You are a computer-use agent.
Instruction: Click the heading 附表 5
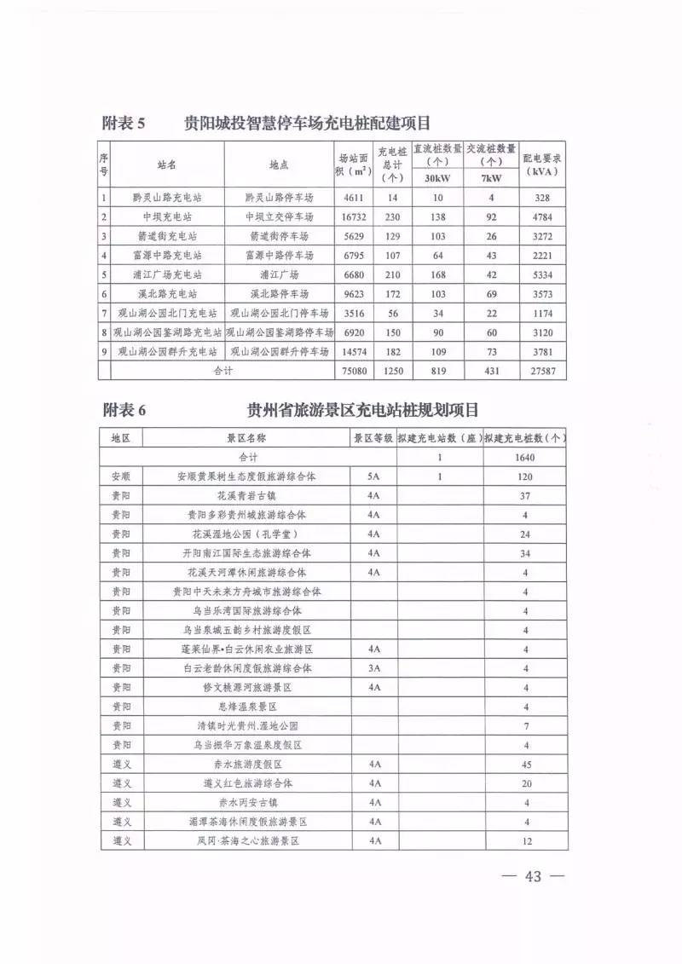124,123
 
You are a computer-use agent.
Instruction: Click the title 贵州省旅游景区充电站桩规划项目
362,409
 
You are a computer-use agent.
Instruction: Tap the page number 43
535,877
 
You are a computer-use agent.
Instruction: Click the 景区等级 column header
373,438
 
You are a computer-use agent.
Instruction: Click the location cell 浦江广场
279,274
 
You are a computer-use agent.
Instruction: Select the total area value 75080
352,371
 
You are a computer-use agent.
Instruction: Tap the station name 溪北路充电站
167,294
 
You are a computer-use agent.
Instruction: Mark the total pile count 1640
525,458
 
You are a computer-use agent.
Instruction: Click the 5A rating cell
373,477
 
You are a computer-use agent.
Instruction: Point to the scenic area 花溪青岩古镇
247,496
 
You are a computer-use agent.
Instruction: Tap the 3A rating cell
373,667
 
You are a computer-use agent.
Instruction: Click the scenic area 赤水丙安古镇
247,803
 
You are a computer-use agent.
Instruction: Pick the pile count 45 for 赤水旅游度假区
525,765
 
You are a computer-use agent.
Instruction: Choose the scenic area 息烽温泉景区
247,707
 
